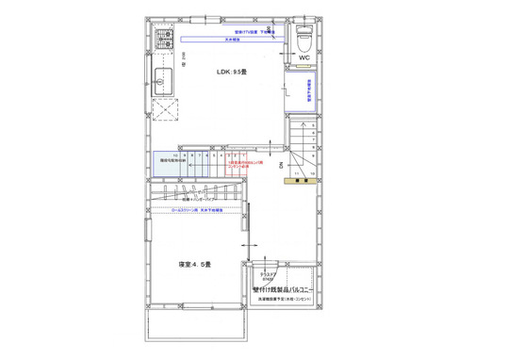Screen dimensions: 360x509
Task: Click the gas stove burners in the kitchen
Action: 165,41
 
